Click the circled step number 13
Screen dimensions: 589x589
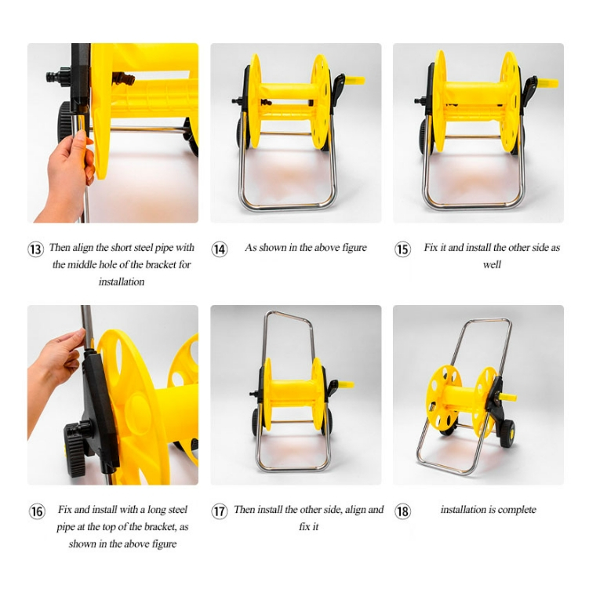tap(36, 249)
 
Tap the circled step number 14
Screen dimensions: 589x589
tap(220, 249)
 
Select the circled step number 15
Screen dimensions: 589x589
tap(402, 249)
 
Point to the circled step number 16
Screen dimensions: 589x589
tap(37, 511)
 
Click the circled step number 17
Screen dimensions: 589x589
tap(220, 511)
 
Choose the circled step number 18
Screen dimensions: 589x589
tap(402, 511)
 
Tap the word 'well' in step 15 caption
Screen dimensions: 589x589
tap(492, 264)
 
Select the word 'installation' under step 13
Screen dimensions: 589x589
tap(122, 282)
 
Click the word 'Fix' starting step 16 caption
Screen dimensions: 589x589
tap(64, 509)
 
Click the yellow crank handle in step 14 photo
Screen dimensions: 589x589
tap(354, 80)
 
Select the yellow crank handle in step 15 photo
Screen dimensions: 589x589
tap(547, 83)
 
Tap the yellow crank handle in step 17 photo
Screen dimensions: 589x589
tap(345, 384)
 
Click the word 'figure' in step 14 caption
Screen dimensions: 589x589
tap(353, 248)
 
